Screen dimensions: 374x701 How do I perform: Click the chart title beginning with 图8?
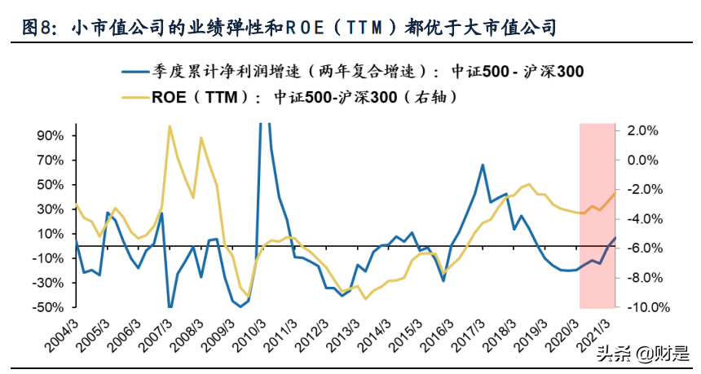pos(289,29)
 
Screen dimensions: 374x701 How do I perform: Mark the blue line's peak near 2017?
pos(483,165)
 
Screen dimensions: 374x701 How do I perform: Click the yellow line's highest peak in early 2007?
pos(169,126)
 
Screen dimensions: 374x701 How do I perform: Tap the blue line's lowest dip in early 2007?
pos(170,307)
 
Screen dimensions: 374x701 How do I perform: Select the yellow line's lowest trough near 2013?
pos(365,298)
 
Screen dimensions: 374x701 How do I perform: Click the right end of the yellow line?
pos(615,192)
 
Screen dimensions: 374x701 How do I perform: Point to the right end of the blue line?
pos(615,238)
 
